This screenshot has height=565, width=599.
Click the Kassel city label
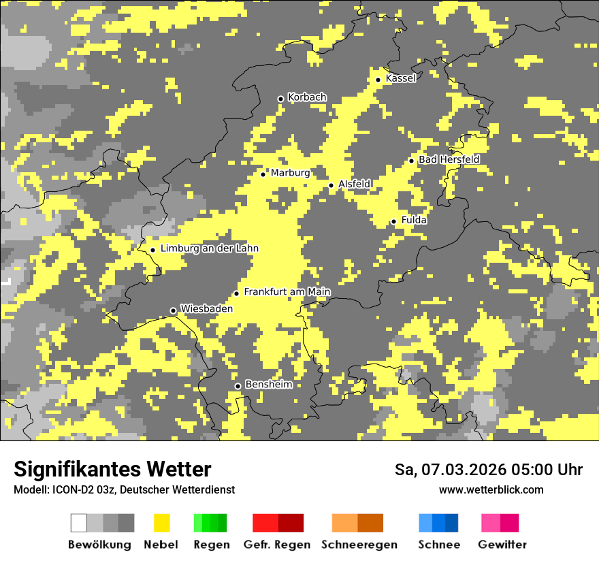click(x=400, y=78)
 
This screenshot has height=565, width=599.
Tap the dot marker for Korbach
click(x=280, y=99)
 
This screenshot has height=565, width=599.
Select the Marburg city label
click(x=290, y=173)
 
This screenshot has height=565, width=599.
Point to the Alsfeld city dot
click(x=331, y=185)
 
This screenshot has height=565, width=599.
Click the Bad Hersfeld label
click(x=449, y=159)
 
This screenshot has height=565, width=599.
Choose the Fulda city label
click(x=414, y=220)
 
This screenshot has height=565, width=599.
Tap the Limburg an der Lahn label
click(x=209, y=248)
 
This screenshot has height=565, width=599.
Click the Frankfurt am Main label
click(x=287, y=292)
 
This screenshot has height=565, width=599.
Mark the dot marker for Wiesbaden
click(x=173, y=310)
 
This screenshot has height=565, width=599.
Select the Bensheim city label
click(x=268, y=385)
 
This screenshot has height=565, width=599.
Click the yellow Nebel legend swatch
click(x=161, y=523)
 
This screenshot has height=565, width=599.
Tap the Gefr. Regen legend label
click(x=277, y=545)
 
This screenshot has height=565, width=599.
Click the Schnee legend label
click(x=438, y=545)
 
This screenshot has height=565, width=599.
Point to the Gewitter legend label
click(x=502, y=545)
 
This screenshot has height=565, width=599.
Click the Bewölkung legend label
click(x=99, y=545)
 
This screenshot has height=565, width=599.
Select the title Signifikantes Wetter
click(x=112, y=469)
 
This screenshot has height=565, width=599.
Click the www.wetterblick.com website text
click(x=491, y=489)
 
